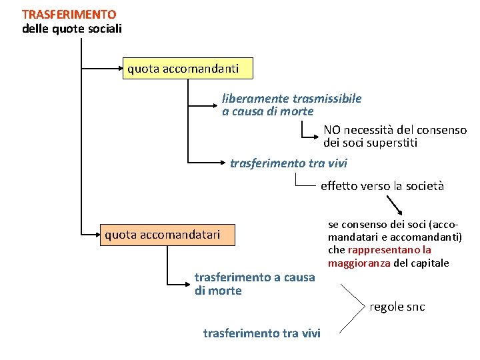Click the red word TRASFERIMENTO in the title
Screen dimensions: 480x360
tap(69, 14)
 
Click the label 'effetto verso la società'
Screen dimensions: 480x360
tap(382, 186)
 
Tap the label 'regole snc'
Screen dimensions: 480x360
tap(397, 307)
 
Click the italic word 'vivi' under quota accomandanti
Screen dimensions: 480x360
tap(337, 163)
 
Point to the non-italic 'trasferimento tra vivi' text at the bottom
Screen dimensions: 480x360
tap(261, 333)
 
